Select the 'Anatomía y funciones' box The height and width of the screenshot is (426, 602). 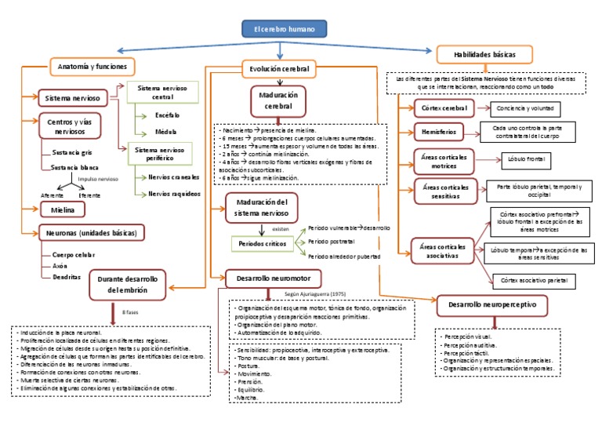click(x=92, y=67)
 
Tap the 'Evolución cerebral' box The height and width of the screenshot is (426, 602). click(x=275, y=69)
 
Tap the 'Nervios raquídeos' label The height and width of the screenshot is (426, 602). click(x=172, y=193)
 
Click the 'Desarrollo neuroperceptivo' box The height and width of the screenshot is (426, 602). click(x=492, y=304)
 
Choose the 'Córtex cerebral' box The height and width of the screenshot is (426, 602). click(x=444, y=108)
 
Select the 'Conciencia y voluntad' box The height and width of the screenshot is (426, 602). click(x=530, y=108)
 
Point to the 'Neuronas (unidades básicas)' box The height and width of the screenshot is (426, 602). click(x=92, y=233)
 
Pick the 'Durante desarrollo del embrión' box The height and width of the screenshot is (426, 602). click(x=129, y=284)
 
